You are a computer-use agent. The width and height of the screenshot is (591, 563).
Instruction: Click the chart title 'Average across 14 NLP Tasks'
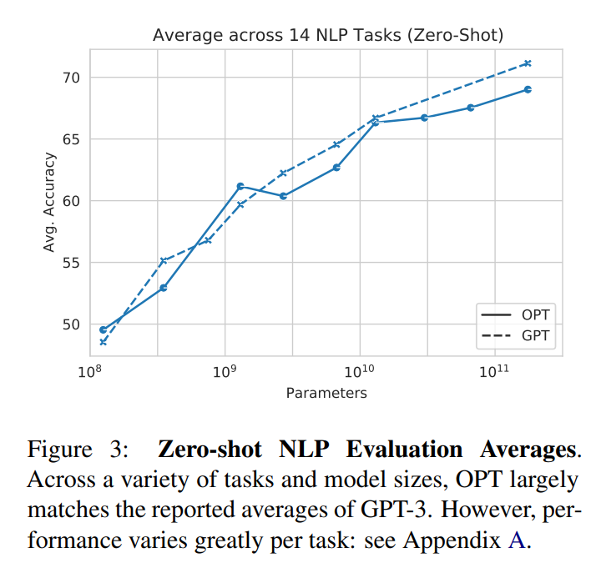[x=328, y=35]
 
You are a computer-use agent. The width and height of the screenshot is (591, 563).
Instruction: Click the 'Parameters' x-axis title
[x=326, y=393]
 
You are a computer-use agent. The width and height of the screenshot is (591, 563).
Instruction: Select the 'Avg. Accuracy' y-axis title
[x=50, y=202]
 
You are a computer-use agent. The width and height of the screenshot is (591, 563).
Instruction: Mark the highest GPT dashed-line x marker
[x=527, y=63]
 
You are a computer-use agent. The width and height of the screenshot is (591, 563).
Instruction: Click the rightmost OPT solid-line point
[x=528, y=89]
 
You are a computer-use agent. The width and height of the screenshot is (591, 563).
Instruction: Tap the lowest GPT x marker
[x=103, y=342]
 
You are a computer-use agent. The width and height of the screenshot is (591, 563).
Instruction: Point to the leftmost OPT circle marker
[x=103, y=329]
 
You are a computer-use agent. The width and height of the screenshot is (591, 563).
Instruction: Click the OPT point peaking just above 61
[x=240, y=186]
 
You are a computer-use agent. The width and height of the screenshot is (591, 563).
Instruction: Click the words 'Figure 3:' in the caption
[x=78, y=450]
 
